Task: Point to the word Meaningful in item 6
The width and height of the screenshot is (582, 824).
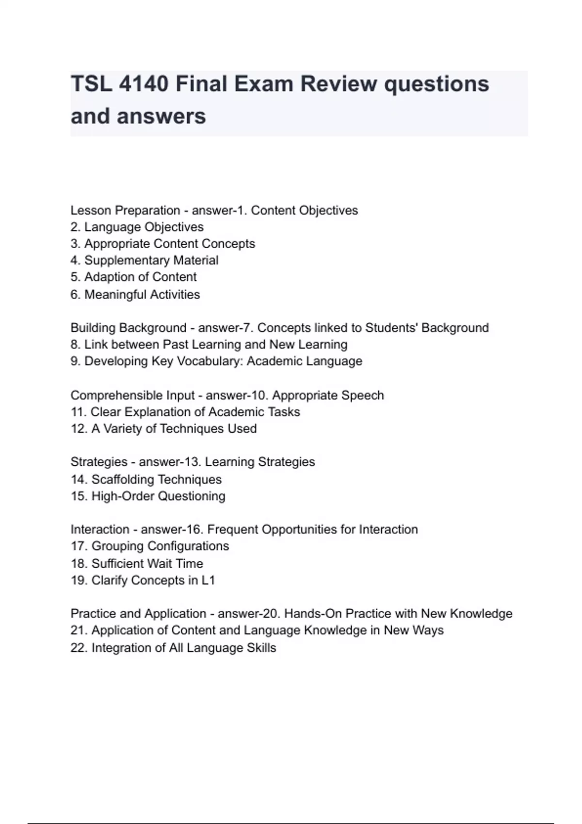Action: (x=115, y=295)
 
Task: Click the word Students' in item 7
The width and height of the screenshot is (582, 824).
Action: (x=391, y=328)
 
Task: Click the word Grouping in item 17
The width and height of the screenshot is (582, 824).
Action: (x=117, y=546)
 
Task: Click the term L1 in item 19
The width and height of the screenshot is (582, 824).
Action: (x=208, y=581)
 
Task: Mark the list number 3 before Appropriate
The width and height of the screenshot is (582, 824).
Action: (x=74, y=244)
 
